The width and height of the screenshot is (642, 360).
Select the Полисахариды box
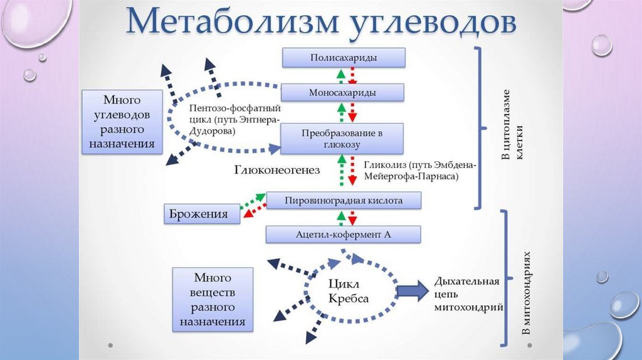(x=343, y=58)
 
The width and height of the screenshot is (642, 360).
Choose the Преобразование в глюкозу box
(x=342, y=139)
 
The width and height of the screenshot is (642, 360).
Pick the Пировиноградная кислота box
(x=343, y=201)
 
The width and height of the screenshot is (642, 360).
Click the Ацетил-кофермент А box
(x=343, y=234)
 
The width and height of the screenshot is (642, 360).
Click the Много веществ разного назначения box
(x=213, y=299)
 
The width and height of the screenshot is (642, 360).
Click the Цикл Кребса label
(x=348, y=290)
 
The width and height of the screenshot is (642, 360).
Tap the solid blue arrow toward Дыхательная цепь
(x=411, y=292)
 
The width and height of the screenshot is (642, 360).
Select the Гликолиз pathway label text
(x=419, y=171)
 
